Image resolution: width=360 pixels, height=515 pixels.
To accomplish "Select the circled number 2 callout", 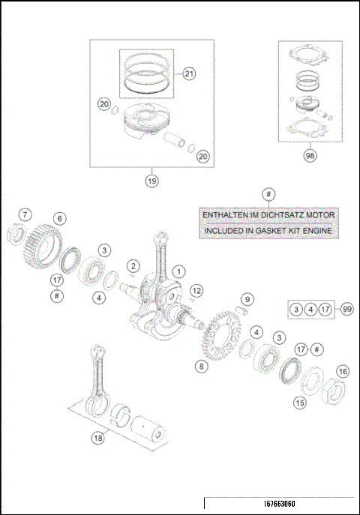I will (x=133, y=265).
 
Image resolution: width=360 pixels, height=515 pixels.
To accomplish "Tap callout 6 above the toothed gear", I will (x=59, y=218).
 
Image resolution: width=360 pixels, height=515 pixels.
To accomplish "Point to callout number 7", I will (x=25, y=215).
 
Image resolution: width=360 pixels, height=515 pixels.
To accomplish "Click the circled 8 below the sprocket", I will (x=200, y=366).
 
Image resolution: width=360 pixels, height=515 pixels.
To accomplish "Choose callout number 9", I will (x=247, y=299).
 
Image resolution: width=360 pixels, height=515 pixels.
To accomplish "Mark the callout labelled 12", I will (x=196, y=289).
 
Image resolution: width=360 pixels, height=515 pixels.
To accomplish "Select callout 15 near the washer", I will (x=299, y=403).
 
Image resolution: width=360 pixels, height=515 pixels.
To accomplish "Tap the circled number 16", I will (x=342, y=371).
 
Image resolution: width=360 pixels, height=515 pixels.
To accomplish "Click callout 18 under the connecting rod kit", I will (x=97, y=439).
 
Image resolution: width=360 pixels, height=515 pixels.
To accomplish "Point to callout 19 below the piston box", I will (x=152, y=180).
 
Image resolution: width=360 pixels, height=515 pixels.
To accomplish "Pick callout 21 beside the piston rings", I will (x=188, y=73).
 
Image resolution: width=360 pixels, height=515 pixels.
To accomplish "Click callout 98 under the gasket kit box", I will (x=309, y=156).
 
